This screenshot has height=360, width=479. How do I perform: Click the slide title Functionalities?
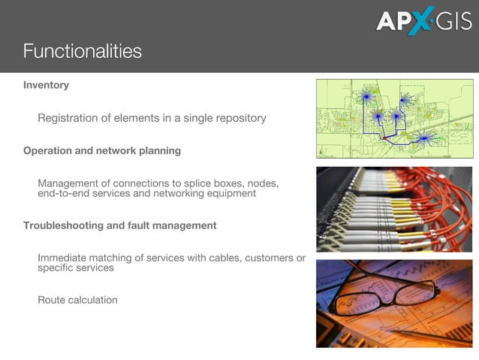[82, 51]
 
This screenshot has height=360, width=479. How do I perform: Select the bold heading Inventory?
[46, 85]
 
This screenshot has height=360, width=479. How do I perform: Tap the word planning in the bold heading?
[158, 150]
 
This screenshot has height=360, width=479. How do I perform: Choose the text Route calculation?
[77, 300]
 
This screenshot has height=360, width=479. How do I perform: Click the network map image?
[394, 118]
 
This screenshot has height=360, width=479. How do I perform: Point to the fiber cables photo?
[394, 209]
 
